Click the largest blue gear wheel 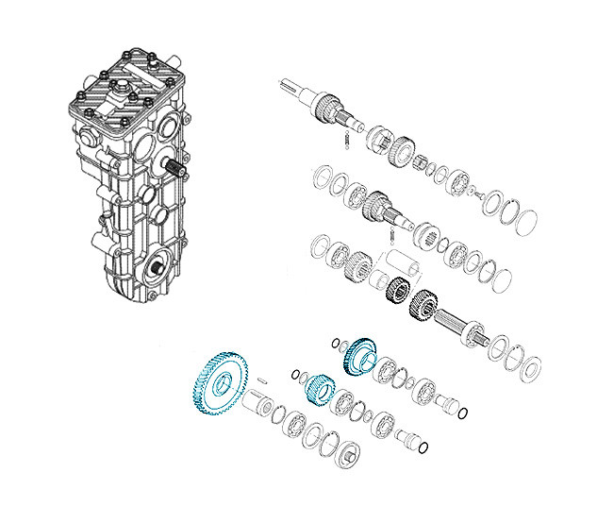click(x=219, y=384)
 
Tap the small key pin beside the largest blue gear click(x=263, y=380)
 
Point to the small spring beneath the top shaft click(x=348, y=140)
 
